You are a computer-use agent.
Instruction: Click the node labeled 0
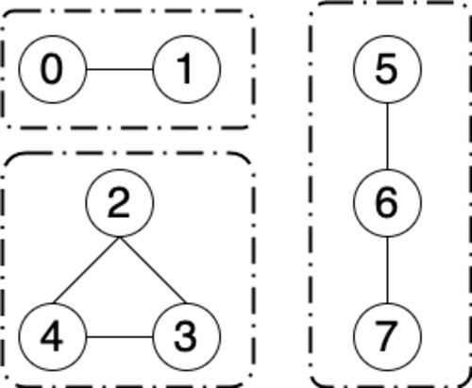53,69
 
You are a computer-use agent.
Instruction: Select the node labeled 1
187,69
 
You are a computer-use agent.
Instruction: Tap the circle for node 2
120,203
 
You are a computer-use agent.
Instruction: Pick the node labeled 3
187,337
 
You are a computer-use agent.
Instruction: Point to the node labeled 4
53,337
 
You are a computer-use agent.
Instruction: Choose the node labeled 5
387,69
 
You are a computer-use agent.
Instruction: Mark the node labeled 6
387,203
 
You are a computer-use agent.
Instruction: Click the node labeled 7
387,337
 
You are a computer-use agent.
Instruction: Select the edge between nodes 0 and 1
120,69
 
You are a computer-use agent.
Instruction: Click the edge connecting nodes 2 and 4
86,270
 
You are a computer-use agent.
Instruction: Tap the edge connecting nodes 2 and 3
153,270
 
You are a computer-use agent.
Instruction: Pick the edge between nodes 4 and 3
120,337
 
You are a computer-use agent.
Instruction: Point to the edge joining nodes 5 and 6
387,136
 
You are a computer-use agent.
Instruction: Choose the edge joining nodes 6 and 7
387,270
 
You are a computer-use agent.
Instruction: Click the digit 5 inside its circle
387,69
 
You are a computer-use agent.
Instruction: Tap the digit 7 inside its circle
387,337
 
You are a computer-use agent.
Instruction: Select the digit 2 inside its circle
119,202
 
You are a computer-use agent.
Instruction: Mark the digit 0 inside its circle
52,69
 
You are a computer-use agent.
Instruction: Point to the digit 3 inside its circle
186,337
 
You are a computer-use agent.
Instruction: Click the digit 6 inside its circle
387,203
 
